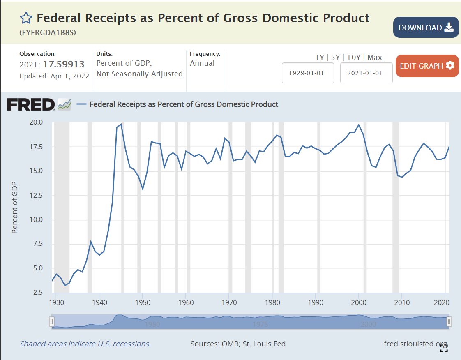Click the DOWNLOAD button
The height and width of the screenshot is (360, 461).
pyautogui.click(x=426, y=28)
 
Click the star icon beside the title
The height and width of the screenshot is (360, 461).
pyautogui.click(x=25, y=18)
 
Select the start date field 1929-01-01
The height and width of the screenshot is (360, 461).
pyautogui.click(x=308, y=73)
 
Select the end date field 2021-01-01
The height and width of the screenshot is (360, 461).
pyautogui.click(x=366, y=73)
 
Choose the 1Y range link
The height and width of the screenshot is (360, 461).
pyautogui.click(x=320, y=58)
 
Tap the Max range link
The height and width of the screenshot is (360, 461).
pyautogui.click(x=375, y=58)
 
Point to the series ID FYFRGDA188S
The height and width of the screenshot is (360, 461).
pyautogui.click(x=48, y=32)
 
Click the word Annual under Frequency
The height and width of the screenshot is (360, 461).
pyautogui.click(x=202, y=63)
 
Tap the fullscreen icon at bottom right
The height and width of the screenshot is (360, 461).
pyautogui.click(x=444, y=348)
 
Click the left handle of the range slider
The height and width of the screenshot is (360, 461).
pyautogui.click(x=52, y=321)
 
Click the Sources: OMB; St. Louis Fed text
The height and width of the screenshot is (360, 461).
pyautogui.click(x=238, y=344)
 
